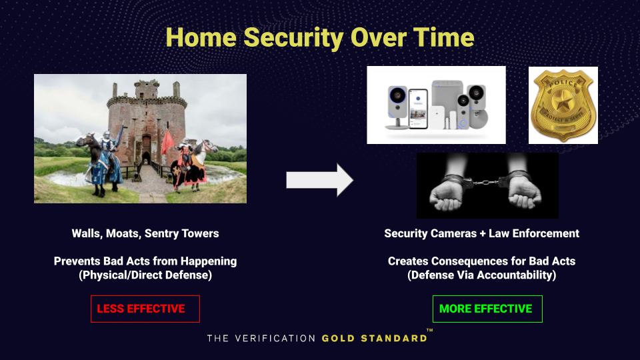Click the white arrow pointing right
pyautogui.click(x=319, y=180)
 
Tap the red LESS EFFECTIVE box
pyautogui.click(x=145, y=309)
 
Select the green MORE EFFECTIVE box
pyautogui.click(x=487, y=309)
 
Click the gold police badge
pyautogui.click(x=563, y=105)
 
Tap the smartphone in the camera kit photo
pyautogui.click(x=418, y=108)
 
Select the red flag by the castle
pyautogui.click(x=167, y=143)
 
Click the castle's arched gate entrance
pyautogui.click(x=147, y=159)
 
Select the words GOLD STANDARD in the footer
pyautogui.click(x=374, y=339)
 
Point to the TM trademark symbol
pyautogui.click(x=430, y=330)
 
